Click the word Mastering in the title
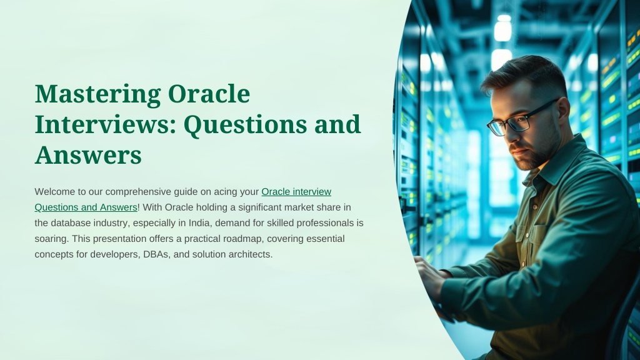97,94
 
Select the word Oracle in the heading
209,94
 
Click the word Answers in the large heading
88,156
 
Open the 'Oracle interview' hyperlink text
296,191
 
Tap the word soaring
52,239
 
